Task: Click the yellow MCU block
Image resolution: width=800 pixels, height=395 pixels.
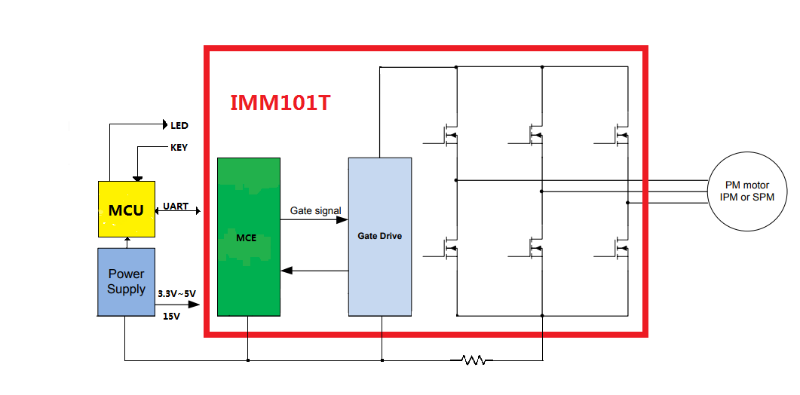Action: click(x=126, y=210)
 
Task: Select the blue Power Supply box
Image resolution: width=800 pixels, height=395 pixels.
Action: click(x=126, y=281)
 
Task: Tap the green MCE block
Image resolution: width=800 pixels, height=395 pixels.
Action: click(x=248, y=237)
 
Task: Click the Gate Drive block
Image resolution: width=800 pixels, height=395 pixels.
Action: click(x=379, y=236)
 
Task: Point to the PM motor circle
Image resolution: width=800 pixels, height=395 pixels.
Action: click(x=746, y=191)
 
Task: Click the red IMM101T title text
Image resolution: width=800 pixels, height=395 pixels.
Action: click(x=280, y=103)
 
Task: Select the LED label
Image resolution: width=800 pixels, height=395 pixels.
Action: click(x=179, y=125)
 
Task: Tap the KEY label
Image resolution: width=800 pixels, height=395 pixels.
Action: click(x=179, y=148)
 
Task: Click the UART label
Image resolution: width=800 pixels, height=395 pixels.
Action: click(x=176, y=206)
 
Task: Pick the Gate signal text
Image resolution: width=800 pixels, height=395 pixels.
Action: click(x=316, y=211)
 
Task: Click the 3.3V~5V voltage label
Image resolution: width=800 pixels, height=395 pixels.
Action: click(x=178, y=292)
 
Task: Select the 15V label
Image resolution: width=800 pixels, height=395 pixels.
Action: click(x=171, y=317)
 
